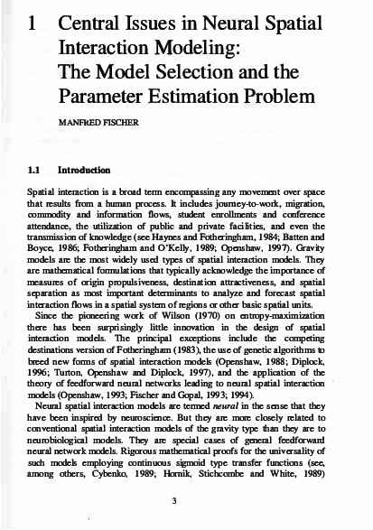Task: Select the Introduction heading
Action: point(85,169)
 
